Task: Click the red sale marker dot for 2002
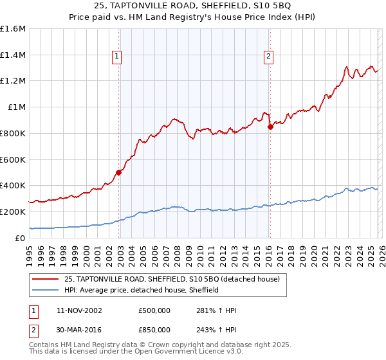coord(119,172)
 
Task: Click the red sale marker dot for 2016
coord(270,127)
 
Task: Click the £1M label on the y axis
coord(16,107)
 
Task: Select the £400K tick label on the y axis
coord(13,186)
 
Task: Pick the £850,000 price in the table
coord(154,329)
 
